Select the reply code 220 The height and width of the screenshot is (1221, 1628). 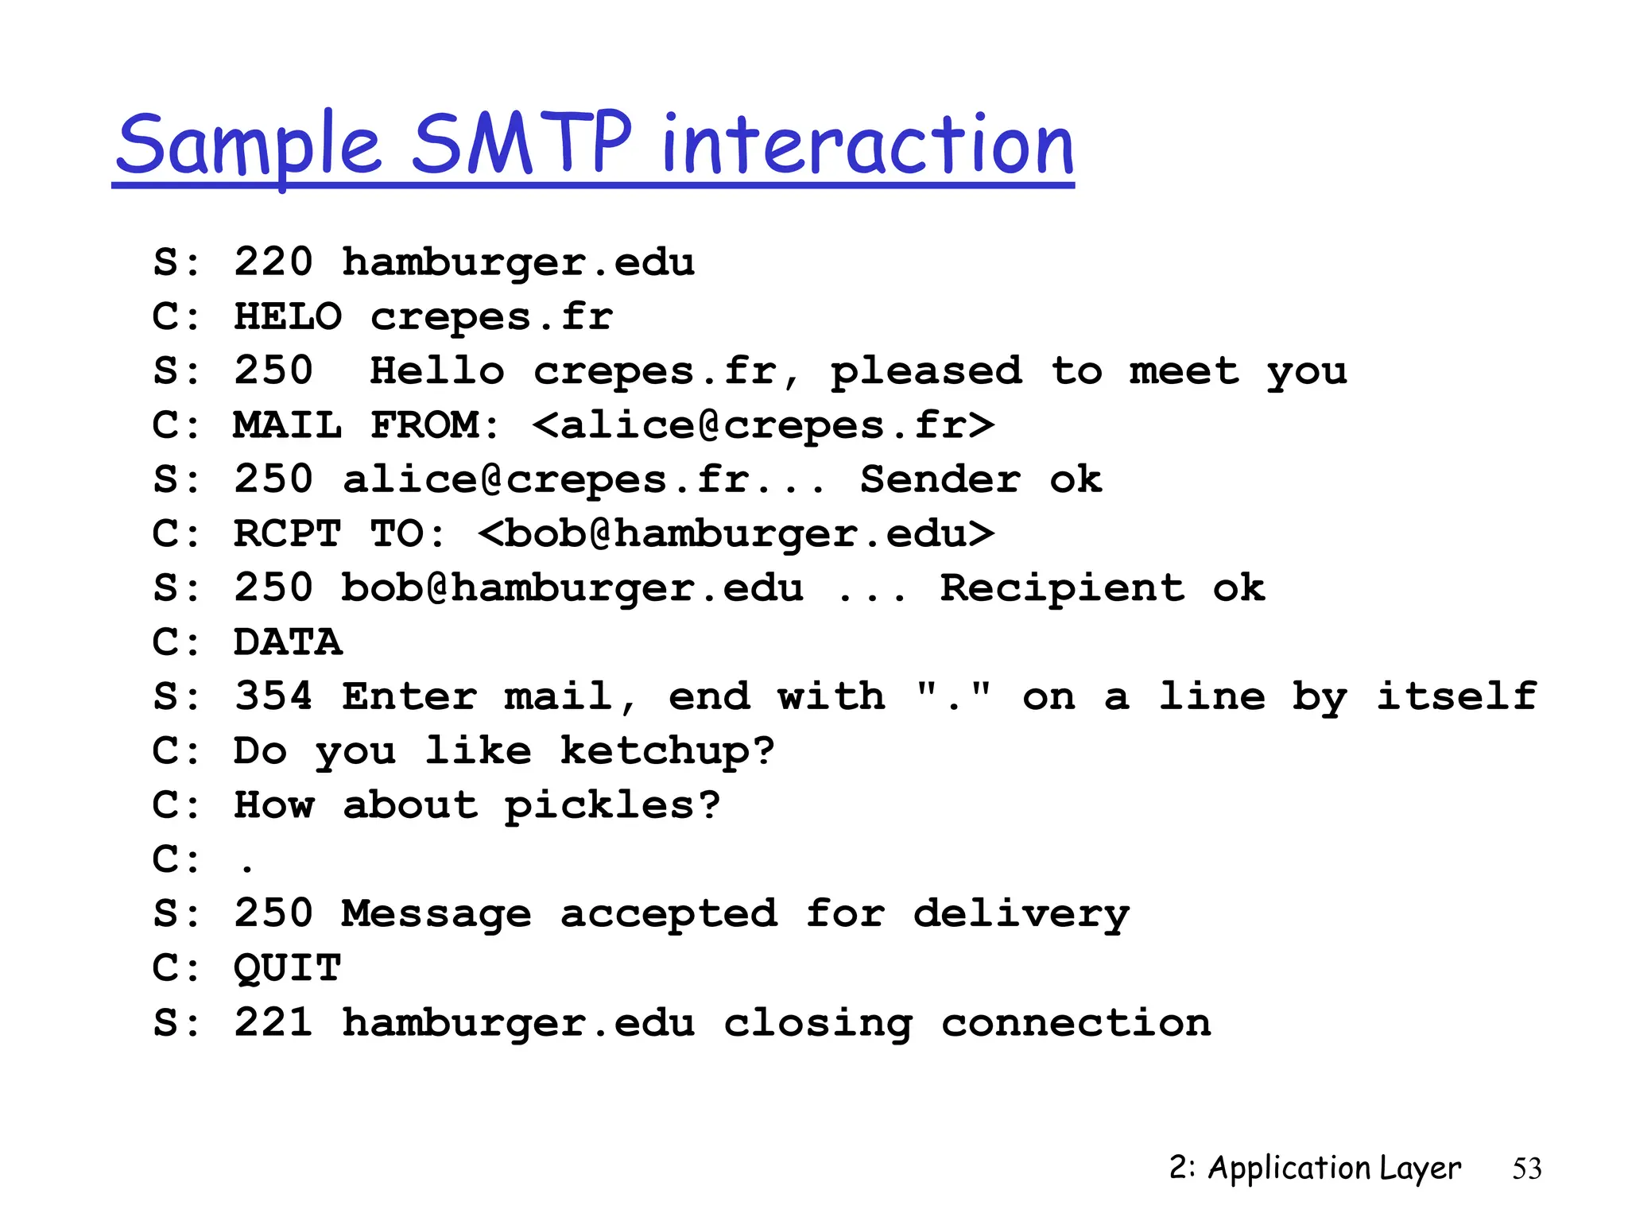(x=273, y=262)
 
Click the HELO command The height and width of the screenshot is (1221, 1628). (x=288, y=316)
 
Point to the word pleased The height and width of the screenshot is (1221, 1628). (x=926, y=372)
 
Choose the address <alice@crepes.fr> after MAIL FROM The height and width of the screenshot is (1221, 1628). (x=763, y=425)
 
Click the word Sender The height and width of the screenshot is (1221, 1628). (x=940, y=479)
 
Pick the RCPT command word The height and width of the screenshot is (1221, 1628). (x=288, y=533)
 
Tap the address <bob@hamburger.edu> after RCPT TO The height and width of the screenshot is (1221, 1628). (x=736, y=533)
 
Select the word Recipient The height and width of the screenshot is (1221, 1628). (x=1062, y=588)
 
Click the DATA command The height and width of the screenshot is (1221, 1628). (x=288, y=642)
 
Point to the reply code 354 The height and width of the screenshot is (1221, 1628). (x=273, y=696)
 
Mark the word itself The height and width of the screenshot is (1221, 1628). (x=1457, y=696)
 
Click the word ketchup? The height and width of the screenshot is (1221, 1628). (x=667, y=751)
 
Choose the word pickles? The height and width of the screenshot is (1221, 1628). (x=612, y=805)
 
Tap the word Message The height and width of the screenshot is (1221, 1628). (x=436, y=913)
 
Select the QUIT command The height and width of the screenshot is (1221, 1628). (x=288, y=968)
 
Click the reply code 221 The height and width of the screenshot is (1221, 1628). (x=273, y=1022)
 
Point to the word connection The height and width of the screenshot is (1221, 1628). (x=1076, y=1022)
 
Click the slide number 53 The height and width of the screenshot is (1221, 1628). (x=1526, y=1169)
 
